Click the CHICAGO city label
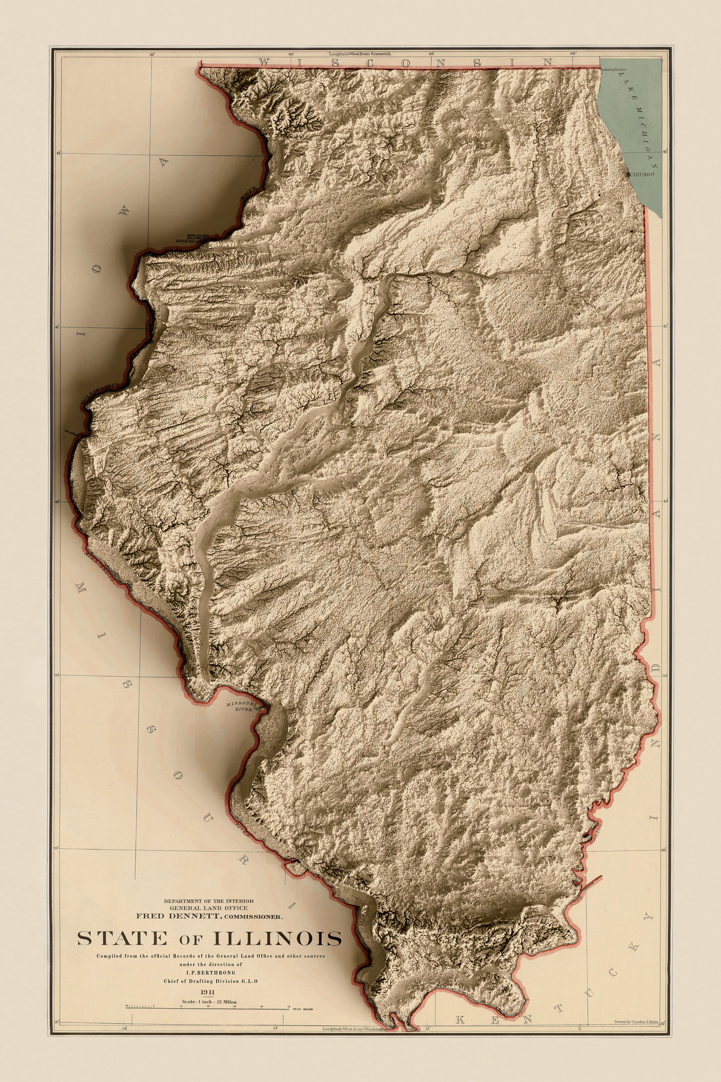tap(642, 174)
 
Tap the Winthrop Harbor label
tap(614, 70)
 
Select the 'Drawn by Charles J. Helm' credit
tap(636, 1032)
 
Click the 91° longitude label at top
tap(152, 54)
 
